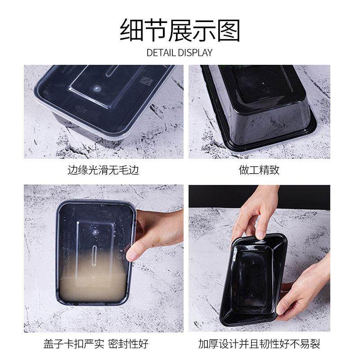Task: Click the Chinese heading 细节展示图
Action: pos(180,30)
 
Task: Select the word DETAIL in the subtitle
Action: pos(161,53)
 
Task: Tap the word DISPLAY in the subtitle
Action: pos(195,53)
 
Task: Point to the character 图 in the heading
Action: pos(229,30)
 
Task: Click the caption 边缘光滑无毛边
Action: pos(103,171)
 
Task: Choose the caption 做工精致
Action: pos(259,171)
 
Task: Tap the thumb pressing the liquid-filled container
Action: pos(134,253)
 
